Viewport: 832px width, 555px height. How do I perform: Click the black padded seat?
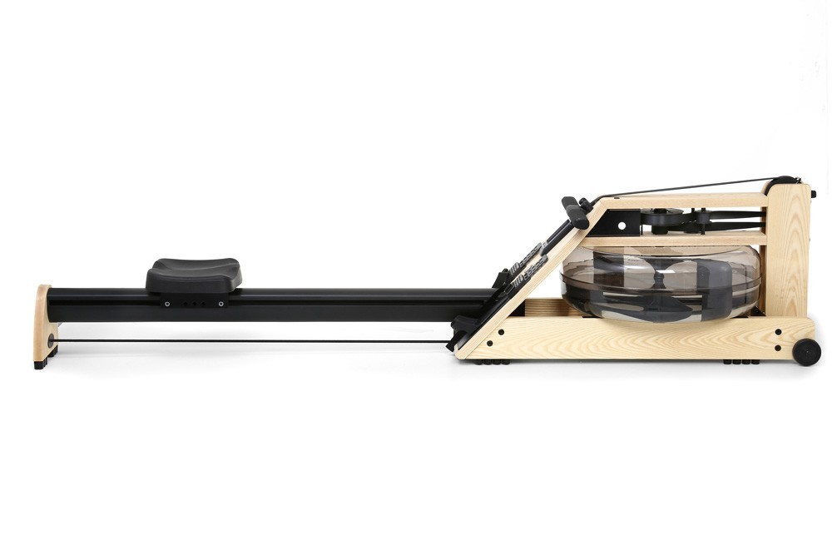pos(194,275)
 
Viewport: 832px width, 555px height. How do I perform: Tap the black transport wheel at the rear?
pos(806,352)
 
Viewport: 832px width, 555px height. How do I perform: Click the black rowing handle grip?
pos(574,211)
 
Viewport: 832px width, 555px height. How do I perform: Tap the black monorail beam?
pos(333,305)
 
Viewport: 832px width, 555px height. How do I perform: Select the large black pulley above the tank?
pos(663,220)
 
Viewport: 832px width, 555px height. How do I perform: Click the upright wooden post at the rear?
pos(786,250)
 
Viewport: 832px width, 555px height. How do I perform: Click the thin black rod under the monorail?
pos(250,341)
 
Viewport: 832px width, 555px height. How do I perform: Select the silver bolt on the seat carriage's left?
pos(166,304)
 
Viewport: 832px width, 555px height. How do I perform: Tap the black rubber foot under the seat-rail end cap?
pos(40,364)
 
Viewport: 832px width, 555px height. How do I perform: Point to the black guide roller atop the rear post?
pos(782,180)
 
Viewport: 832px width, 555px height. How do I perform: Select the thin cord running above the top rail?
pos(691,188)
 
